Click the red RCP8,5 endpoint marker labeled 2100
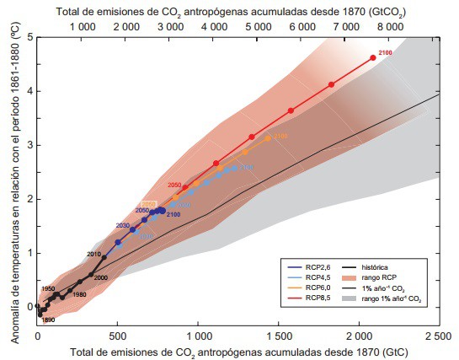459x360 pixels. click(x=372, y=57)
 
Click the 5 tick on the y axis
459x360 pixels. click(x=29, y=38)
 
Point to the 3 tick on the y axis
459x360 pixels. click(x=29, y=145)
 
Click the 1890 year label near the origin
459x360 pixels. click(x=48, y=320)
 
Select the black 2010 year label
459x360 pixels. click(x=94, y=253)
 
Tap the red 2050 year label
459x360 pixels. click(x=175, y=185)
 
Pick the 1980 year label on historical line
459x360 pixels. click(x=79, y=294)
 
